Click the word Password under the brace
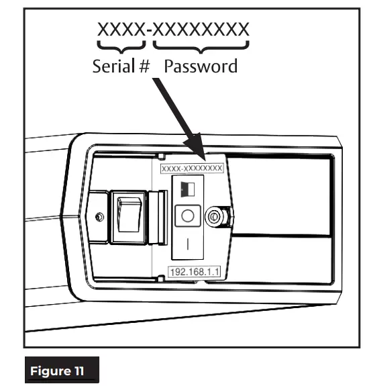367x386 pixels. coord(201,66)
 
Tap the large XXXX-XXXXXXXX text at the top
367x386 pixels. coord(174,30)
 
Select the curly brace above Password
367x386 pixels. coord(201,46)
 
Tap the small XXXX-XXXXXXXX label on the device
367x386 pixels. coord(191,170)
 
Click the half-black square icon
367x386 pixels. coord(187,189)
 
